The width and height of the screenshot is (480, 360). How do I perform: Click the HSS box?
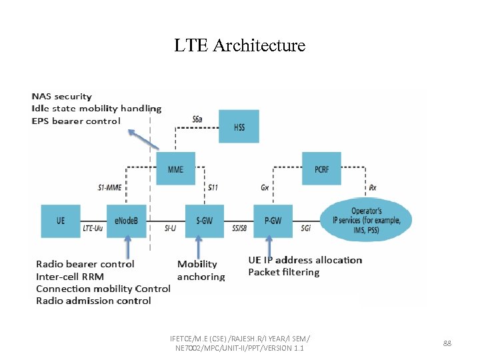pos(239,127)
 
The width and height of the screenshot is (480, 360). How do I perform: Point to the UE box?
pos(61,221)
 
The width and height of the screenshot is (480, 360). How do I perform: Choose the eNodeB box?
pos(126,221)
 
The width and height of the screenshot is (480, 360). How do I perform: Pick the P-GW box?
pos(273,221)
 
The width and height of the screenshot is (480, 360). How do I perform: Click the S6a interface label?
pos(197,119)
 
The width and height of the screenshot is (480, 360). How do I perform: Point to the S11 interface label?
pos(213,188)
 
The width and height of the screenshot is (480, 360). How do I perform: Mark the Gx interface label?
pos(265,188)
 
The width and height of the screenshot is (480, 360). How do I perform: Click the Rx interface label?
pos(372,188)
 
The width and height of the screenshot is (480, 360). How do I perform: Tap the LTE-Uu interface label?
pos(93,228)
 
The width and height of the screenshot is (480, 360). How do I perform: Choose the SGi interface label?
pos(305,228)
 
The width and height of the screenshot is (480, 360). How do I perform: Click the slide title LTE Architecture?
pos(239,45)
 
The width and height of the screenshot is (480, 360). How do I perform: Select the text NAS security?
pos(62,97)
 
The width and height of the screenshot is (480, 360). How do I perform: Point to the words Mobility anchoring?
pos(201,270)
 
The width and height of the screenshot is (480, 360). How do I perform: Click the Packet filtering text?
pos(283,272)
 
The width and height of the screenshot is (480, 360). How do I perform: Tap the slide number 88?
pos(447,343)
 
